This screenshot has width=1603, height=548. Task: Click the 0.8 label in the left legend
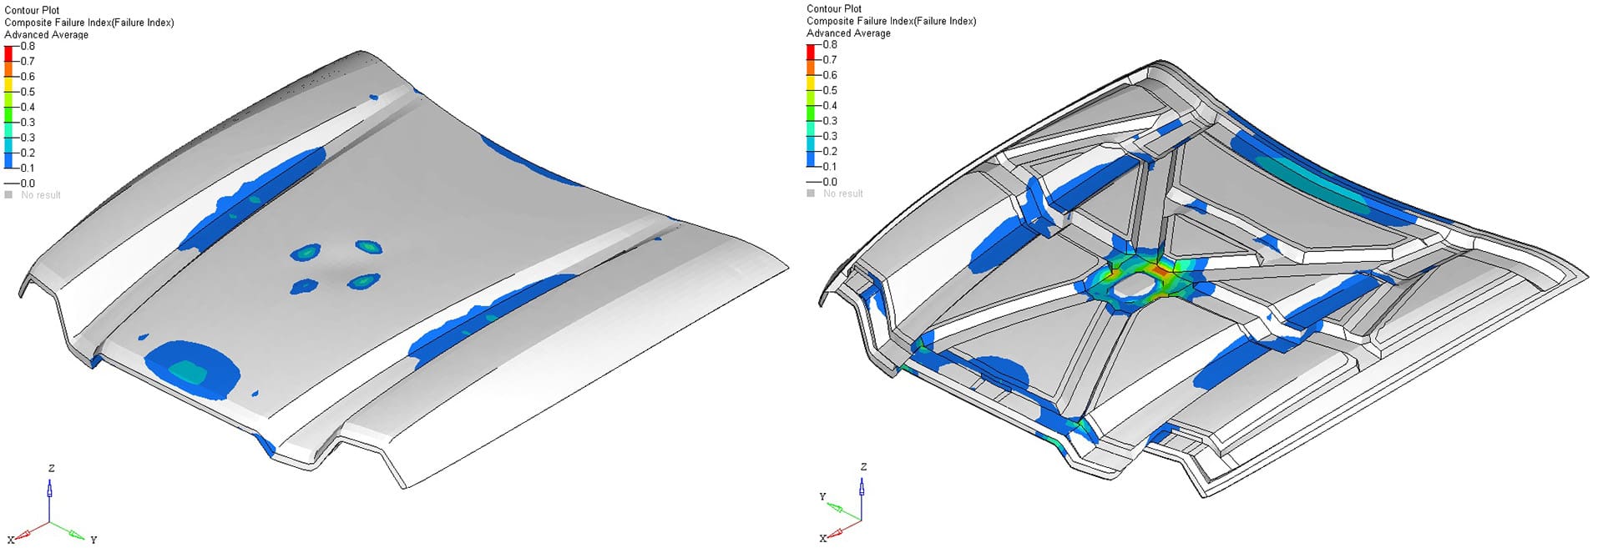click(28, 46)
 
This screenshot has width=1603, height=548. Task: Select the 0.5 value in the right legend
click(830, 90)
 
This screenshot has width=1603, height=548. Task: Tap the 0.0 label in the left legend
click(28, 184)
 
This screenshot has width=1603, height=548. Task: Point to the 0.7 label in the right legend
click(830, 59)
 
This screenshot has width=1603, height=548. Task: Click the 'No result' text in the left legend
click(41, 195)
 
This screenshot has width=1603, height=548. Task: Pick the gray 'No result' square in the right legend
click(811, 194)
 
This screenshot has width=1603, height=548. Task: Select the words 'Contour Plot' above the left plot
click(32, 10)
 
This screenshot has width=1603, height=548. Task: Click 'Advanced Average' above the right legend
click(848, 33)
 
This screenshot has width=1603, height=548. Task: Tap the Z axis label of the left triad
click(52, 468)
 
